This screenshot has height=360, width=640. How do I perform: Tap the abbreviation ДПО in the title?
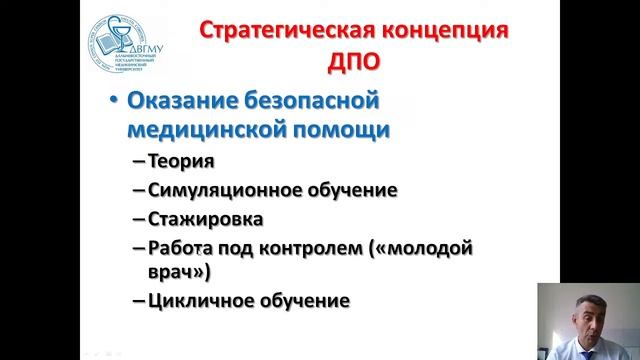pyautogui.click(x=355, y=62)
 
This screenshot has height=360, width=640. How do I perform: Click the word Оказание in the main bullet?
pyautogui.click(x=174, y=102)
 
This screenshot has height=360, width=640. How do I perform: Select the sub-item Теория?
pyautogui.click(x=181, y=161)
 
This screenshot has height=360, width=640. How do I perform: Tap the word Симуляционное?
pyautogui.click(x=210, y=189)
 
